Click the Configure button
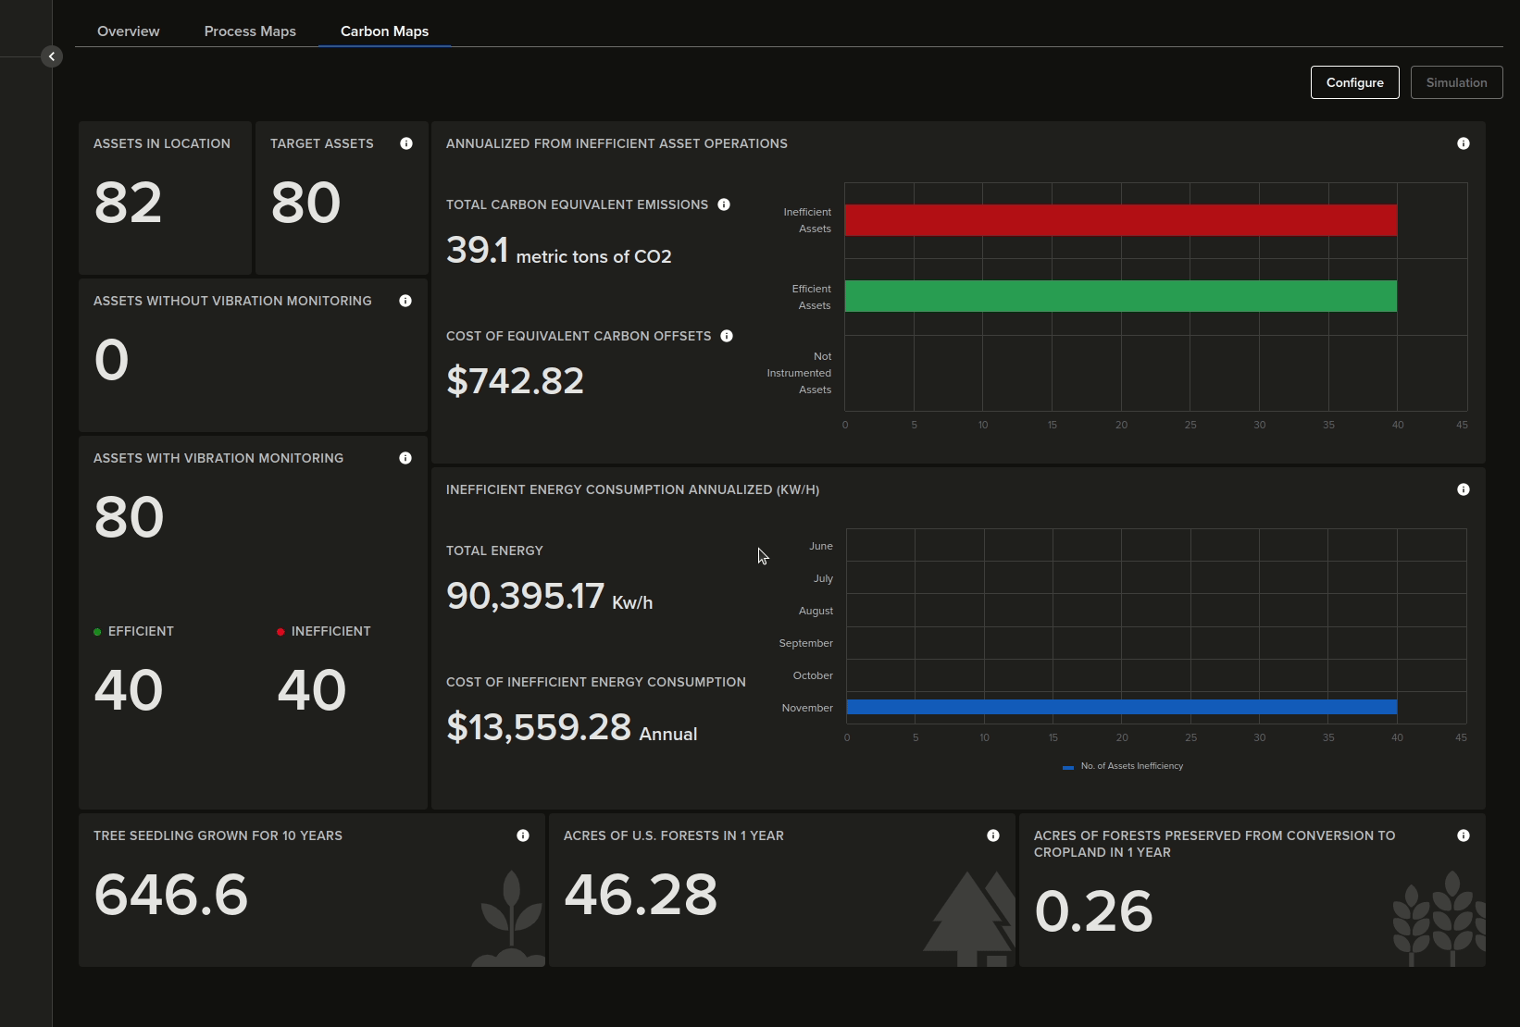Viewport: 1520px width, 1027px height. point(1354,82)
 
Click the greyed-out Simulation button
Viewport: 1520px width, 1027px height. point(1456,82)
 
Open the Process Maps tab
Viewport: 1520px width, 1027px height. point(250,31)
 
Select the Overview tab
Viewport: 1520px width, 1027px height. point(129,31)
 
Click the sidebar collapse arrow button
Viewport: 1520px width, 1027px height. point(52,56)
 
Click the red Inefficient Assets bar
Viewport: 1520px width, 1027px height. point(1120,220)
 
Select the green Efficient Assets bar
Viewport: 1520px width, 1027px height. point(1120,296)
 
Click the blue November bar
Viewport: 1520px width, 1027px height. point(1120,707)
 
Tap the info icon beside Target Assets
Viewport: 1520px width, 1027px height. point(406,143)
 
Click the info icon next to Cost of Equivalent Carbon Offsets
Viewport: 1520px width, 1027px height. point(727,336)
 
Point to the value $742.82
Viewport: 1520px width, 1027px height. point(515,381)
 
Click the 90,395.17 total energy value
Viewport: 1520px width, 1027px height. point(525,596)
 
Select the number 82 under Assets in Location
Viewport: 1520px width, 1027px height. point(128,203)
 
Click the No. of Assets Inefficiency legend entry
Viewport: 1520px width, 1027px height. point(1123,766)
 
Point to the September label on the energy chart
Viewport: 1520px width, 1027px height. point(805,643)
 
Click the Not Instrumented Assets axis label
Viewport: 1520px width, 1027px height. point(802,373)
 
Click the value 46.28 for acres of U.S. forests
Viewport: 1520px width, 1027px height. point(641,895)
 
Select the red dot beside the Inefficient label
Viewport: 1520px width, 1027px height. point(280,632)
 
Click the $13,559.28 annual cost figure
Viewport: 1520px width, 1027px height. point(539,727)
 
